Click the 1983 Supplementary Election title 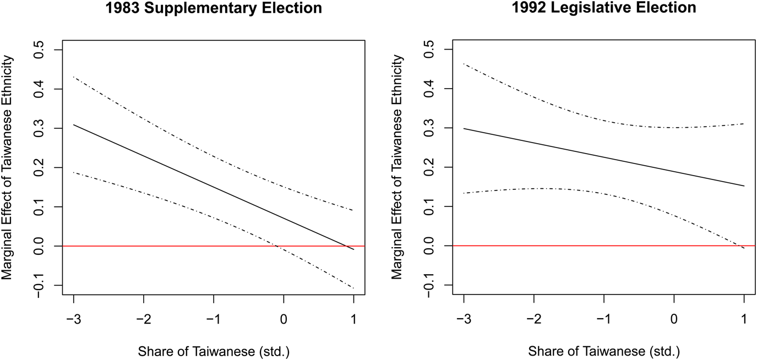(214, 8)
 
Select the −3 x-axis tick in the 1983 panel (74, 319)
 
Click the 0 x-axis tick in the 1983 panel (284, 319)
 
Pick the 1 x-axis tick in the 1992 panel (744, 319)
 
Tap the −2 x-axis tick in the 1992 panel (534, 319)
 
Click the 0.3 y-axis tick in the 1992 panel (429, 128)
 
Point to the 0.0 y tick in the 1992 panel (429, 246)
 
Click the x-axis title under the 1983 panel (214, 352)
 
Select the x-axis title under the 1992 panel (604, 352)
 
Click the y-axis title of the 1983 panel (7, 168)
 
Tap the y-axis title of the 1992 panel (397, 167)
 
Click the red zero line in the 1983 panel (214, 246)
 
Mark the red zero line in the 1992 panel (604, 246)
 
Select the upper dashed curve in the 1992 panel (604, 120)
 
